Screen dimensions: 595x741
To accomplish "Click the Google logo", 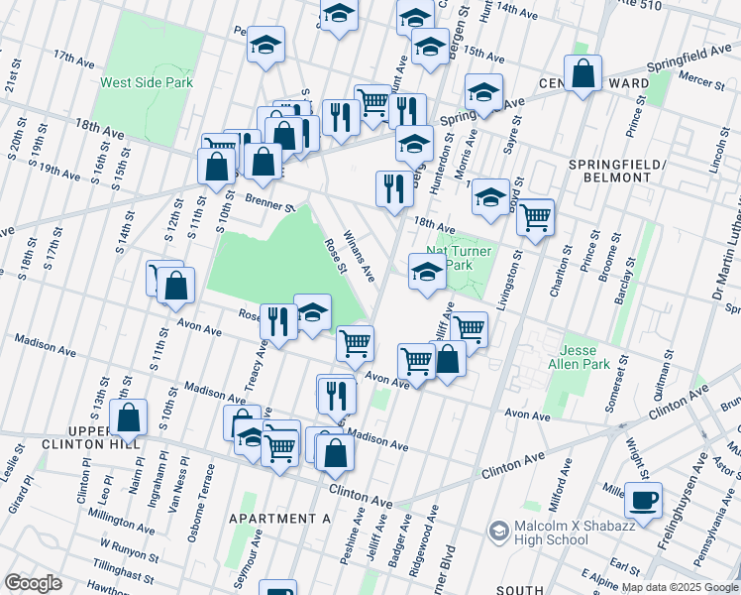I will [33, 582].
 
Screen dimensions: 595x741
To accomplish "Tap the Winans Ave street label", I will [358, 254].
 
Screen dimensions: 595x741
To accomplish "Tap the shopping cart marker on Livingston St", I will [535, 217].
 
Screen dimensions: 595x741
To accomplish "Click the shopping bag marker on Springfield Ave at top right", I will [584, 71].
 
